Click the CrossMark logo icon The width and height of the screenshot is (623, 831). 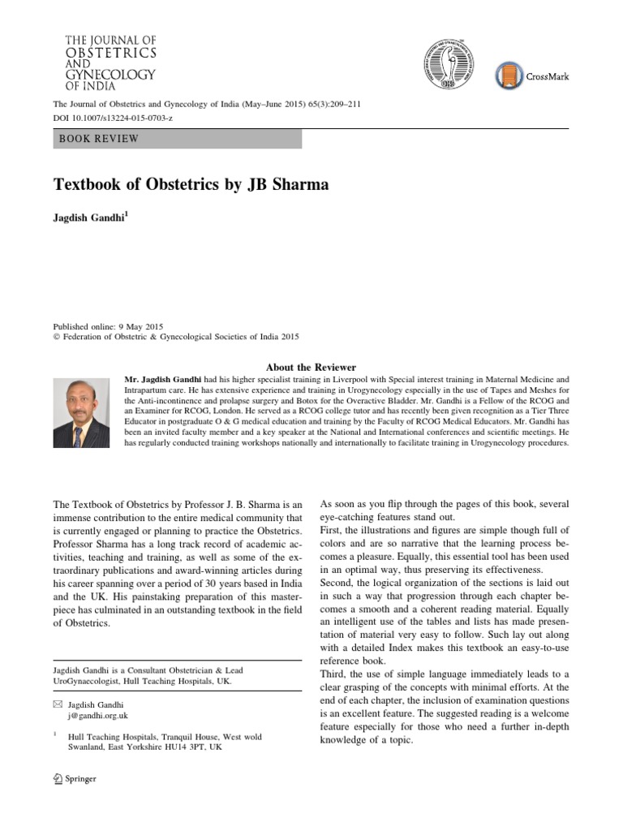click(509, 76)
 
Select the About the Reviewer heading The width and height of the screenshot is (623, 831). click(311, 368)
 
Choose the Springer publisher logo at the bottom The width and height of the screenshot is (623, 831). click(74, 778)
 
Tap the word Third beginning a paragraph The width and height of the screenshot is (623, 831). click(335, 674)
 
